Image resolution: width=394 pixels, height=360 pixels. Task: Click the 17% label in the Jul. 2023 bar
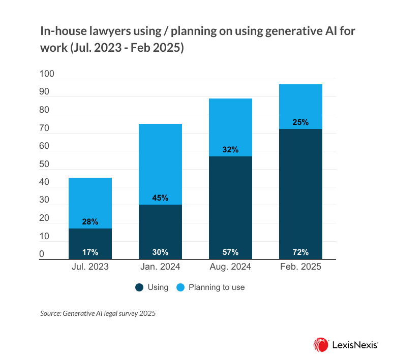(90, 252)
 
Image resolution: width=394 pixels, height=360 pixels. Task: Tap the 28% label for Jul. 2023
(90, 222)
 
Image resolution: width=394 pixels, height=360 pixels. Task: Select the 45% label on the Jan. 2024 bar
(160, 198)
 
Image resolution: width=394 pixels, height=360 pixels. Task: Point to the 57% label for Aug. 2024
(230, 252)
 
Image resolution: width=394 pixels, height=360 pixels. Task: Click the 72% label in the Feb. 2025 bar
(300, 252)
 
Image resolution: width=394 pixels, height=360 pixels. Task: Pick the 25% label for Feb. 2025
(300, 122)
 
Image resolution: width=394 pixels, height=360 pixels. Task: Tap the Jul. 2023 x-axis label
(90, 267)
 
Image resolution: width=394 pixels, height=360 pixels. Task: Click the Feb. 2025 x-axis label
(300, 267)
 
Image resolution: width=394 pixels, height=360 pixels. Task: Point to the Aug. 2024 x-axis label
(230, 267)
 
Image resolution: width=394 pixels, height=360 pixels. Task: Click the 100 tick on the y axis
(47, 75)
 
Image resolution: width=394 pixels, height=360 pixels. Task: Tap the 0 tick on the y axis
(42, 254)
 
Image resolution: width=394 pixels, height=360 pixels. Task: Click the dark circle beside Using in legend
(139, 287)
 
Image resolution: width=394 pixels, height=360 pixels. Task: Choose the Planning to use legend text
(217, 287)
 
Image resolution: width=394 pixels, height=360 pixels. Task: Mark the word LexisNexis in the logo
(354, 344)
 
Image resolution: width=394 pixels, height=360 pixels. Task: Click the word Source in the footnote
(50, 314)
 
